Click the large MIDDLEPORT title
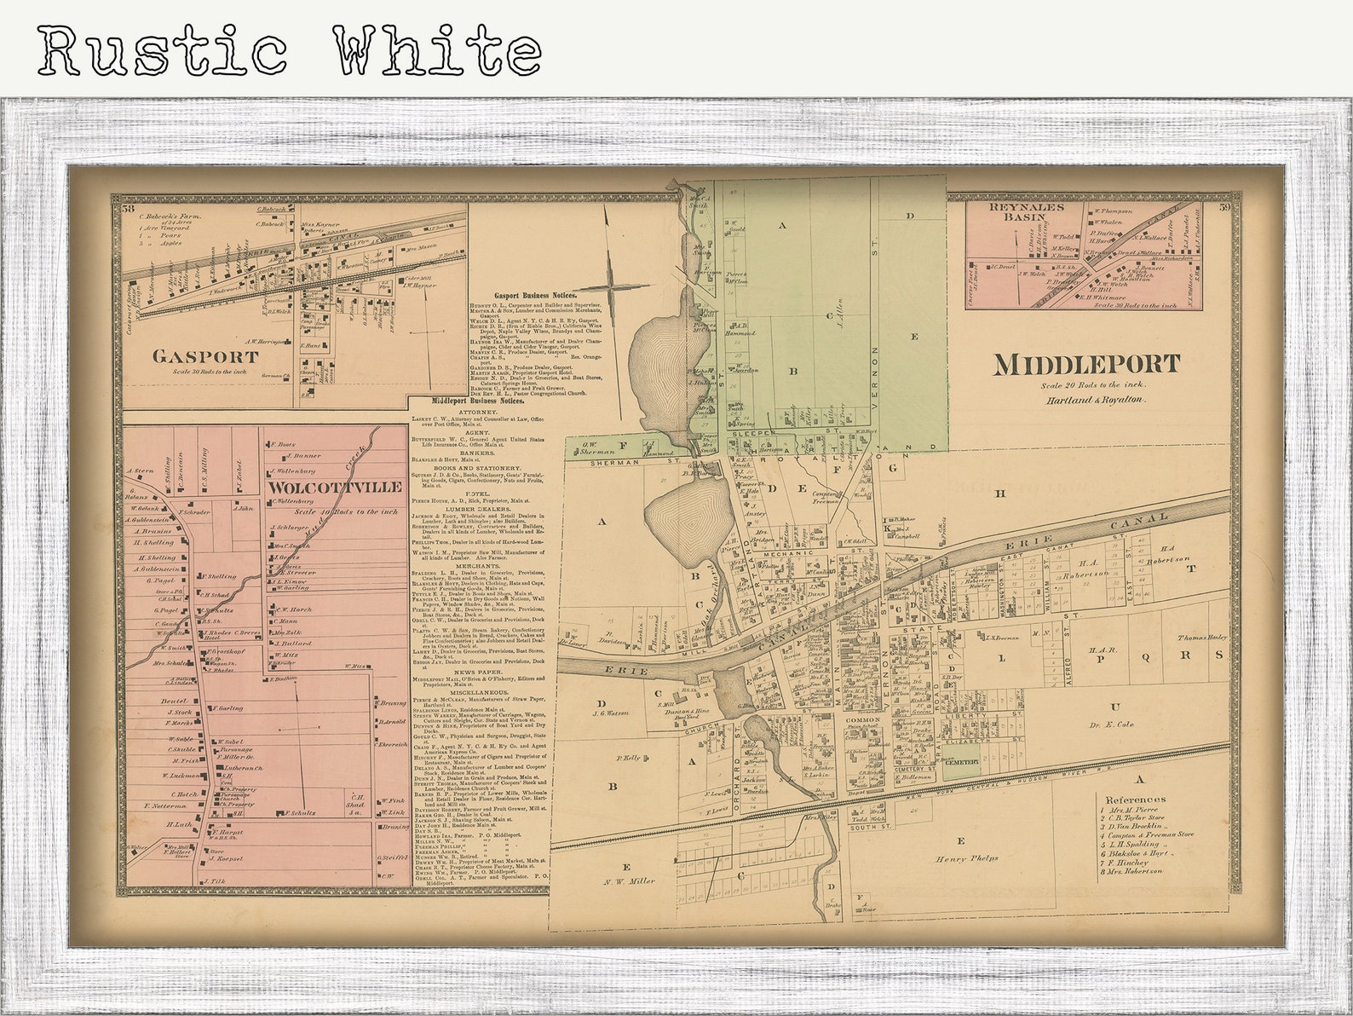tap(1086, 365)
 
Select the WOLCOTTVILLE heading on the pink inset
tap(336, 487)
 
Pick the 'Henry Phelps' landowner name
tap(968, 858)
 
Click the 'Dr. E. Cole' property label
tap(1111, 724)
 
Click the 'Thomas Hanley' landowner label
tap(1201, 638)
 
